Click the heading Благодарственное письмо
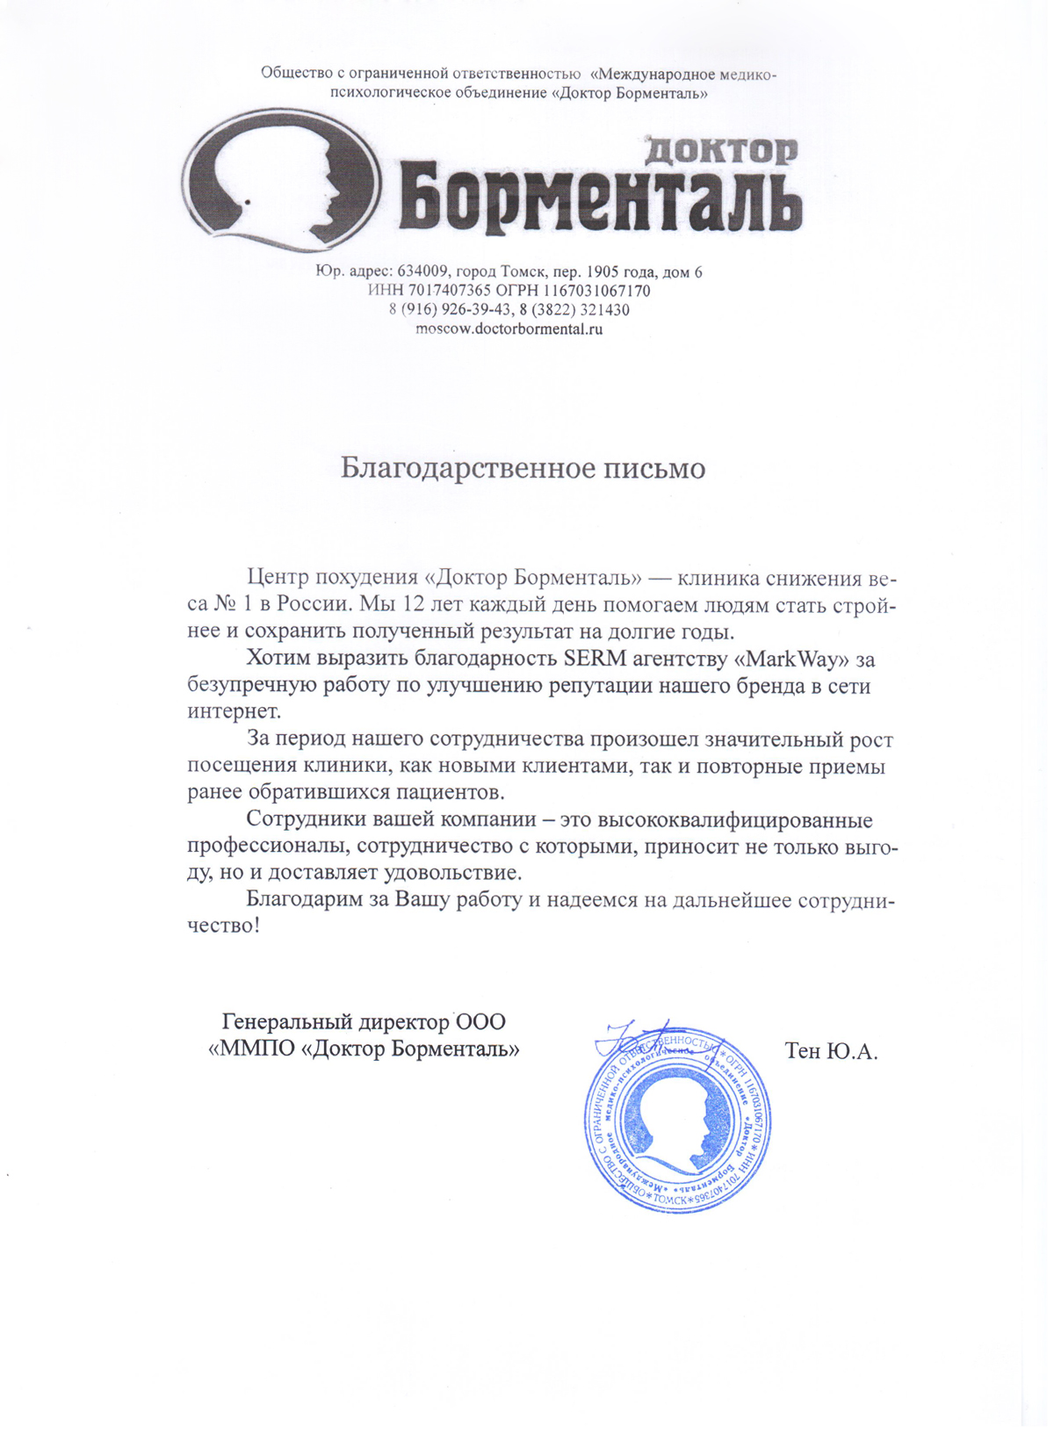tap(523, 468)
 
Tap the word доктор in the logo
tap(721, 150)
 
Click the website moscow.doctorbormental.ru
tap(509, 329)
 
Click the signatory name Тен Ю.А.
tap(831, 1050)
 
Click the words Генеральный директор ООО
tap(364, 1021)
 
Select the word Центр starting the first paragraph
tap(278, 577)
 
